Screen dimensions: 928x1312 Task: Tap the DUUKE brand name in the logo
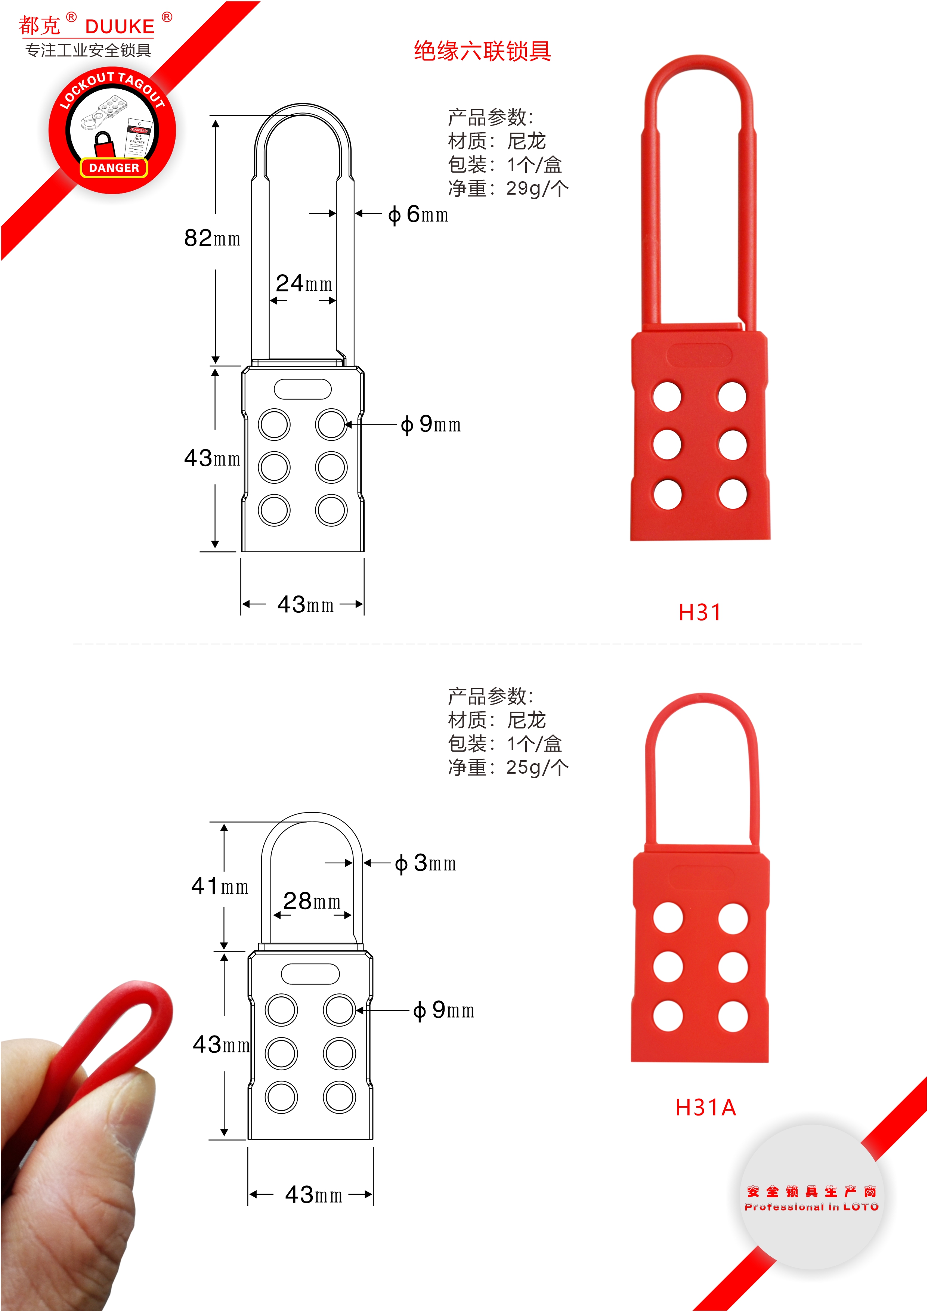(x=120, y=26)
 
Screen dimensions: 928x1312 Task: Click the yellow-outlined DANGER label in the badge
(x=114, y=167)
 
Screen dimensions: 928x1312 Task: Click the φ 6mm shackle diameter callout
(x=418, y=214)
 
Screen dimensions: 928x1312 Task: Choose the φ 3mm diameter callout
(x=425, y=863)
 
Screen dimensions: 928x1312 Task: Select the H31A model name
(x=706, y=1107)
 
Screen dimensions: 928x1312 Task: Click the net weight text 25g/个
(x=537, y=767)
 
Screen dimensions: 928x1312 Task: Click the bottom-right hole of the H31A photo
(x=733, y=1017)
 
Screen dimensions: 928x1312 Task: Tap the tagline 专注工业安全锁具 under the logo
(x=88, y=50)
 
